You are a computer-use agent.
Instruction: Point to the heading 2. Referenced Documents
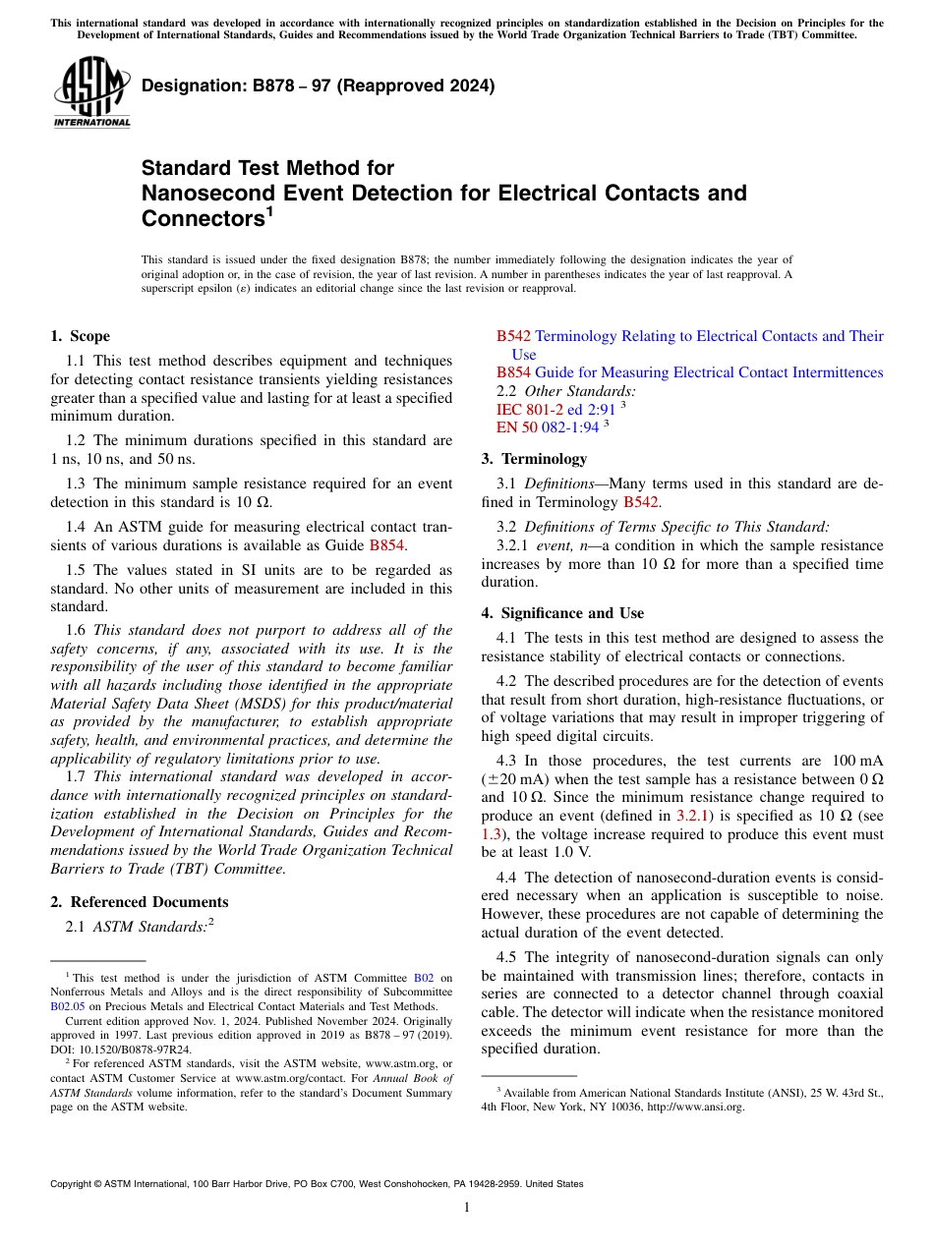pos(139,902)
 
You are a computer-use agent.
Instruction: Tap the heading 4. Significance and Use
pos(562,613)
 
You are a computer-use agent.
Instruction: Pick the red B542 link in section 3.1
pos(640,502)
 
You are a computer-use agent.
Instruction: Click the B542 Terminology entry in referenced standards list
pos(688,337)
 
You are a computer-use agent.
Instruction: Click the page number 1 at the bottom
pos(467,1209)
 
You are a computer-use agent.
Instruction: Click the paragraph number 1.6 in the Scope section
pos(76,630)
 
